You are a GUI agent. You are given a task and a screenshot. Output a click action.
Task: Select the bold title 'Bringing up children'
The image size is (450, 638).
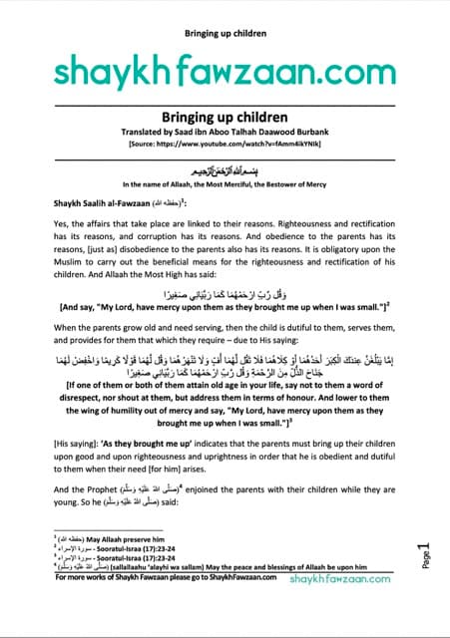(x=225, y=118)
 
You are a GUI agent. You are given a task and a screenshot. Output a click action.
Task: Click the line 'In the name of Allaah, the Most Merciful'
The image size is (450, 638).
(x=225, y=184)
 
